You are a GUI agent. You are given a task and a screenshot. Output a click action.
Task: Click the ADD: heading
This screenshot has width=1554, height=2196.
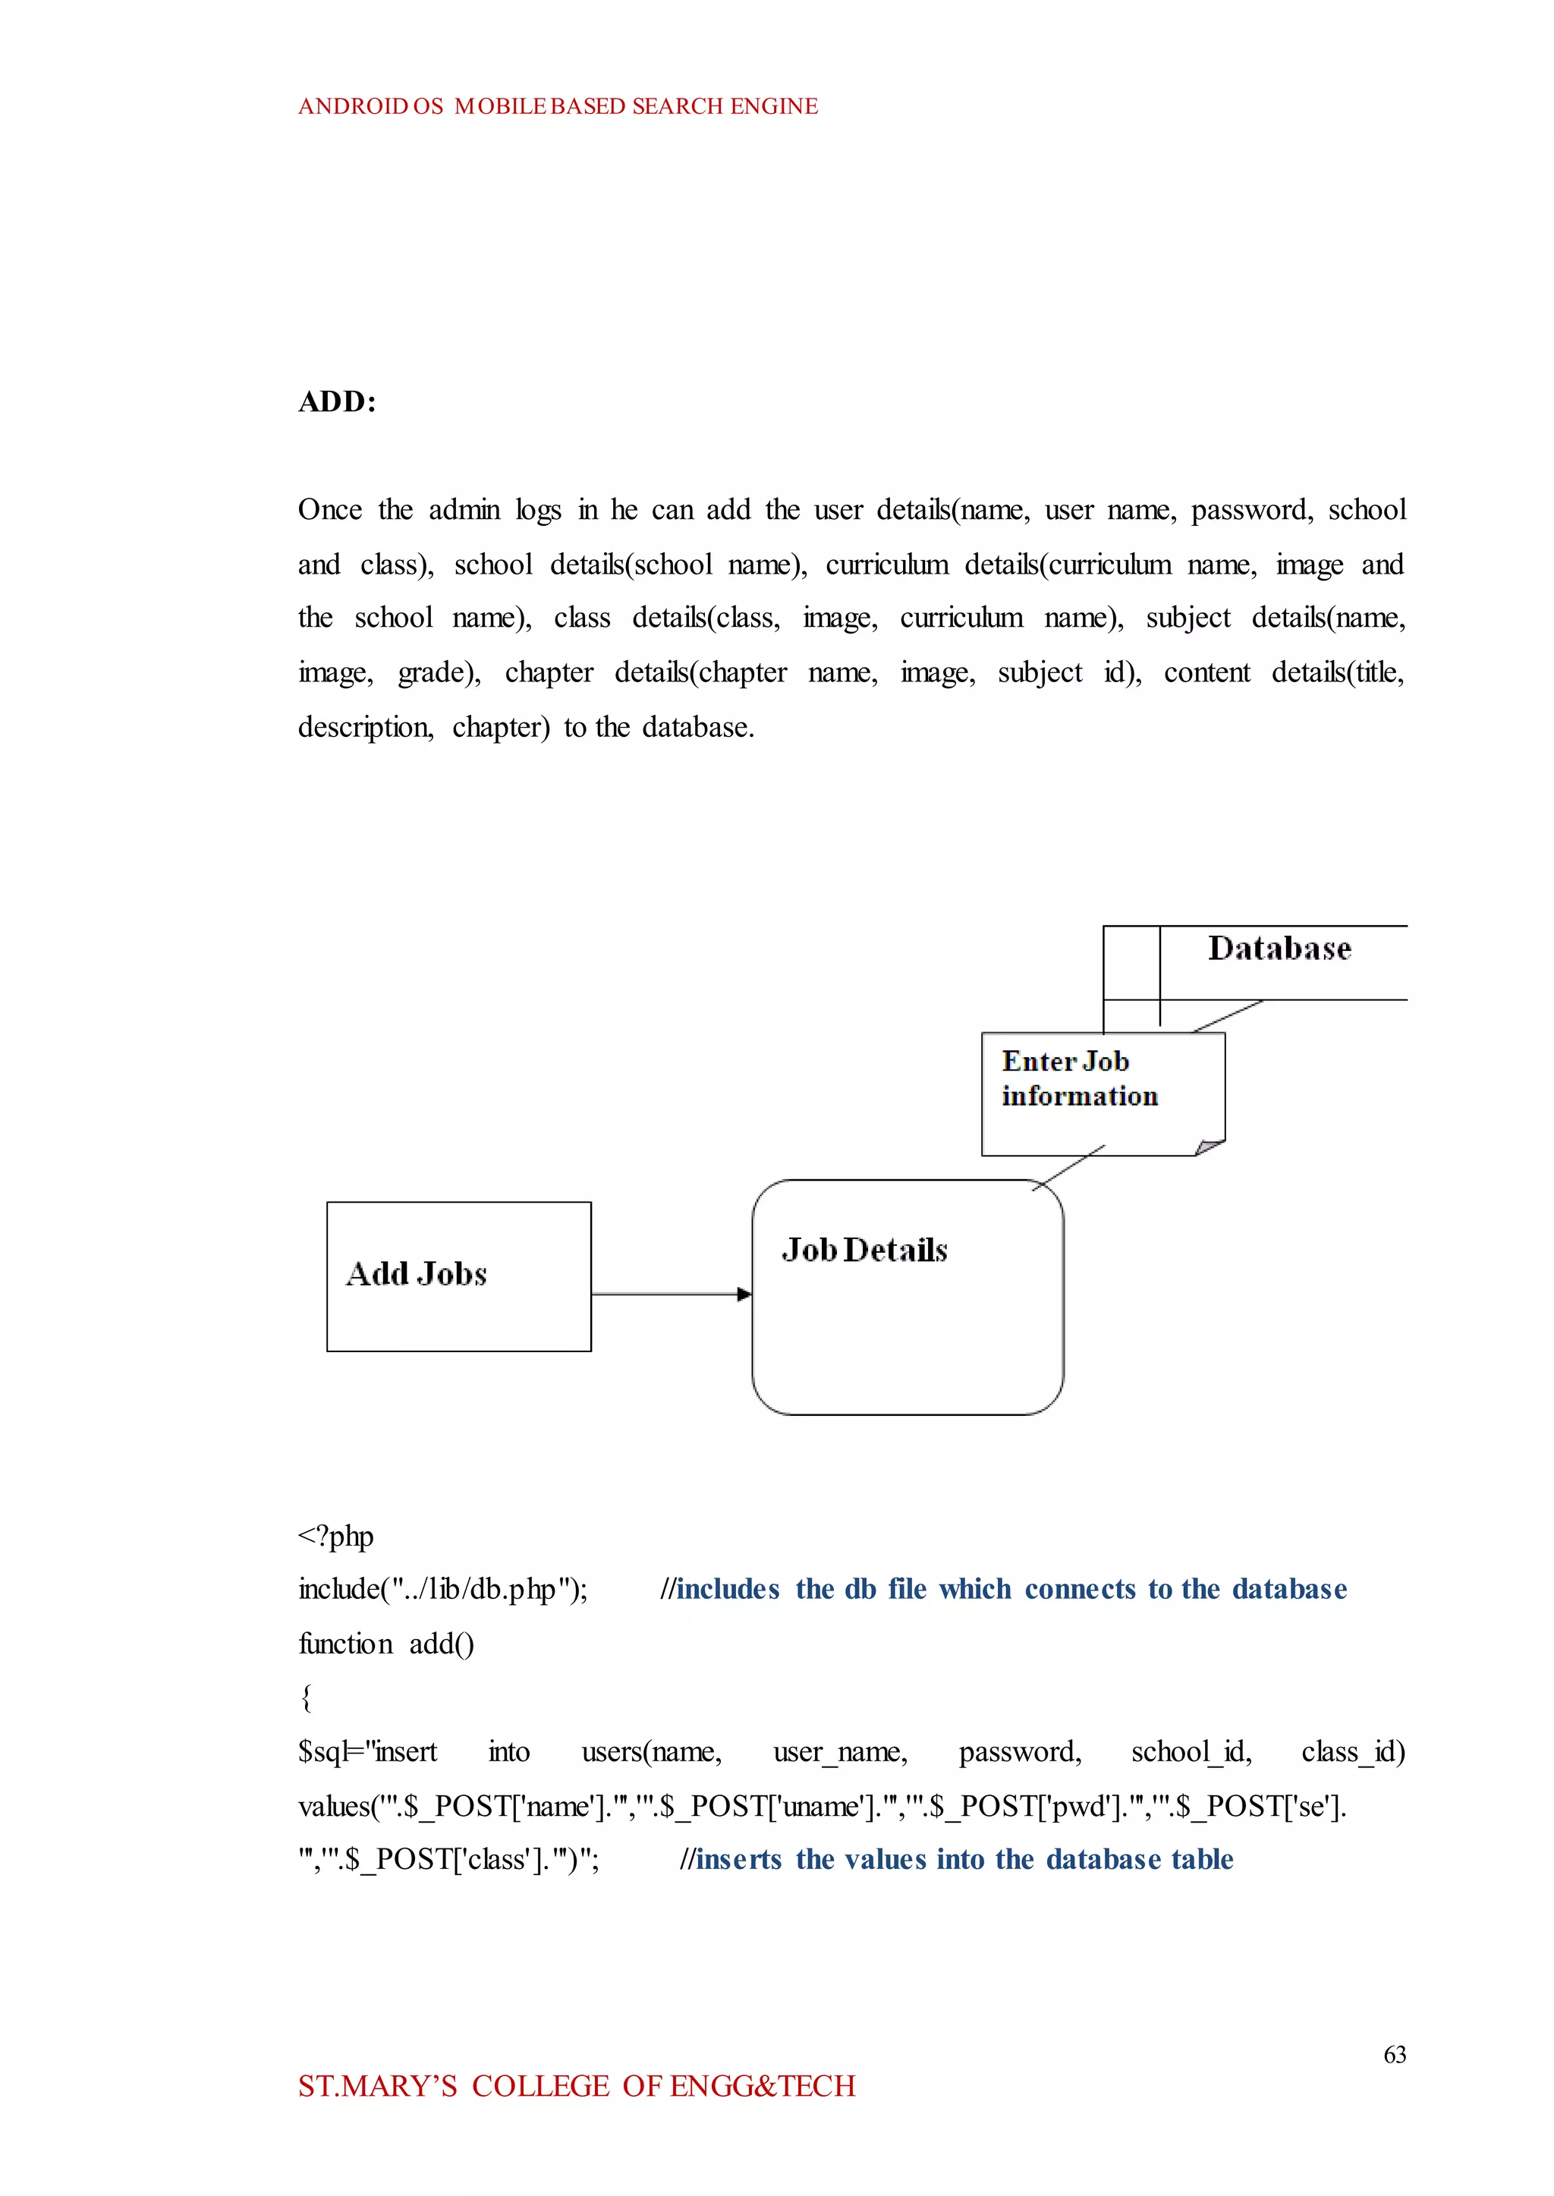[x=337, y=402]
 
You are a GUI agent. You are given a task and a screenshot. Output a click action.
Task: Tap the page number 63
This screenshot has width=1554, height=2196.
[x=1394, y=2054]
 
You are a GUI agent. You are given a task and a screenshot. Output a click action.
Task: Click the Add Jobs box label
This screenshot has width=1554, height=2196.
[x=417, y=1273]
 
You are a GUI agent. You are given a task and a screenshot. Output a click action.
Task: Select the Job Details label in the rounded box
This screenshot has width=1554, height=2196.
[x=864, y=1250]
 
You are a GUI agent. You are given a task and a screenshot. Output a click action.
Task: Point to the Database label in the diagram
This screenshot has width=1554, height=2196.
[x=1279, y=949]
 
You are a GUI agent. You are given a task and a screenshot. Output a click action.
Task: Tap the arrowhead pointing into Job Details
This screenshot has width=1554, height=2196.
[x=744, y=1295]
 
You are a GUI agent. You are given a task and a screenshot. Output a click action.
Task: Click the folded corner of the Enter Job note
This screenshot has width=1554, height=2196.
[x=1210, y=1147]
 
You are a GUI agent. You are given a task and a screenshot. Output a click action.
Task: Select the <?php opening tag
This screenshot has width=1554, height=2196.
[x=335, y=1537]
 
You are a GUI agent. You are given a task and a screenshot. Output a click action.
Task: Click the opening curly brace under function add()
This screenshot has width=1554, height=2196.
[x=307, y=1698]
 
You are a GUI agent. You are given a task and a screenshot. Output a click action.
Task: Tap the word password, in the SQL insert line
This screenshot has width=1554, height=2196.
[x=1020, y=1752]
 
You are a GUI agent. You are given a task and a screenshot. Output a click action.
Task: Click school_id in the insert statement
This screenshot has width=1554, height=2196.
[x=1191, y=1752]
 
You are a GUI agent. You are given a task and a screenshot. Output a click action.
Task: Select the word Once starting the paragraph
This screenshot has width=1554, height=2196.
[x=329, y=510]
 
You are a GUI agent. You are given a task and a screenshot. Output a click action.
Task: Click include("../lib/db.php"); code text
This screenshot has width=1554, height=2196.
[x=443, y=1590]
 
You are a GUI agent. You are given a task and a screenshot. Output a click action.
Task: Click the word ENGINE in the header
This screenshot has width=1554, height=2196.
[x=774, y=106]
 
